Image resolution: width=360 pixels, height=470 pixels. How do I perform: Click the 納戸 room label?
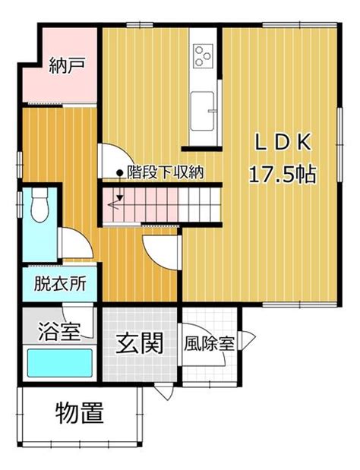(67, 65)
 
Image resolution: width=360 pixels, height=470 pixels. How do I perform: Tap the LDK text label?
(283, 142)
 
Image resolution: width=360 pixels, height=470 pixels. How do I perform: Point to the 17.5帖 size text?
(282, 174)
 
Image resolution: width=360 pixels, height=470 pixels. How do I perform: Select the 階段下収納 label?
(165, 172)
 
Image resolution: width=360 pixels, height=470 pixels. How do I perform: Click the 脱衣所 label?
(60, 283)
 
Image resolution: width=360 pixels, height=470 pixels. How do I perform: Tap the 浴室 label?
(59, 331)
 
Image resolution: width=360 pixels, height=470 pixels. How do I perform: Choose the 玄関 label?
(140, 343)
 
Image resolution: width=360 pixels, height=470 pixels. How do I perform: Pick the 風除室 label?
(209, 344)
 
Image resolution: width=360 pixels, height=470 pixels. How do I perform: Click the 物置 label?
(80, 413)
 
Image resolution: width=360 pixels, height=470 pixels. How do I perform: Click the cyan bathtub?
(60, 363)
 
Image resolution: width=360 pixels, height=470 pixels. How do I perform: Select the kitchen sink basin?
(202, 111)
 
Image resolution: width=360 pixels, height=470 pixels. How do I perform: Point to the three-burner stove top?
(204, 56)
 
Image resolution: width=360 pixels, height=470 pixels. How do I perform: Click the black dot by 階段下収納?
(119, 172)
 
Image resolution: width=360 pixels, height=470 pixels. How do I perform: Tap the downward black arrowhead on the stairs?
(120, 198)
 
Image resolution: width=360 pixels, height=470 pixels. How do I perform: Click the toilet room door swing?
(76, 243)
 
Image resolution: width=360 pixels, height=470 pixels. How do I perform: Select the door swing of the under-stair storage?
(115, 161)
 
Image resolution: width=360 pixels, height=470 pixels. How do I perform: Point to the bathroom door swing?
(78, 320)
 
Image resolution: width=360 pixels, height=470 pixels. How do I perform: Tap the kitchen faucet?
(212, 111)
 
